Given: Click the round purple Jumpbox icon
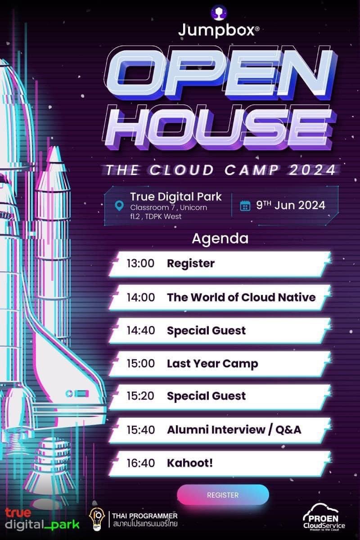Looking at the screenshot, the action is coord(219,12).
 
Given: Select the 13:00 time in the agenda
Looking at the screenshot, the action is coord(140,263).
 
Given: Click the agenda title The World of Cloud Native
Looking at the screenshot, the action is coord(241,297).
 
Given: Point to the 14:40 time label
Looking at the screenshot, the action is coord(141,330).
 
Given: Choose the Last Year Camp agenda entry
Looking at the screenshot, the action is coord(212,364).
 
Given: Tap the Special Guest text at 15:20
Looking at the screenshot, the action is coord(207,396).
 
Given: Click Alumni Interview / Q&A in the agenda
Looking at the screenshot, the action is coord(234,430).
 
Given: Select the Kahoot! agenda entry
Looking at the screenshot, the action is coord(190,463).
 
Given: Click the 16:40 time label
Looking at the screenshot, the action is coord(141,463).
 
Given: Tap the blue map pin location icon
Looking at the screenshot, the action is coord(119,206).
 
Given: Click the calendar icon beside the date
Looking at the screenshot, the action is coord(245,206).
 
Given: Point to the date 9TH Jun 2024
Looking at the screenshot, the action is coord(291,205).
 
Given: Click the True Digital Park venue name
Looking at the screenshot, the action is coord(176,197).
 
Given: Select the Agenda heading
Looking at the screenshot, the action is coord(220,238).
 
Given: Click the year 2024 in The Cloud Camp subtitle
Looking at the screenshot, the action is coord(312,170).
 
